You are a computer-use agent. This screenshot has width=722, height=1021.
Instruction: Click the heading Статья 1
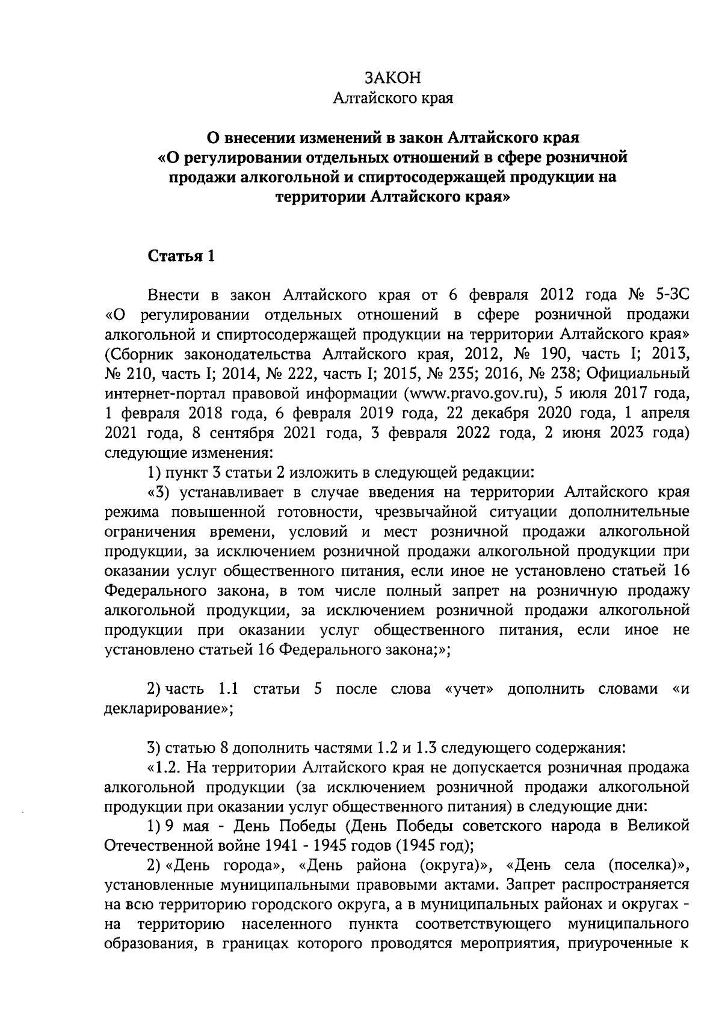click(181, 256)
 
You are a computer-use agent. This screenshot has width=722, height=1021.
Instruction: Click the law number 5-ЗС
click(668, 295)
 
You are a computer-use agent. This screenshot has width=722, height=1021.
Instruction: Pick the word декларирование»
click(168, 709)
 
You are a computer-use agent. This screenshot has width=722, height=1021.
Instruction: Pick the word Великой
click(662, 826)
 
